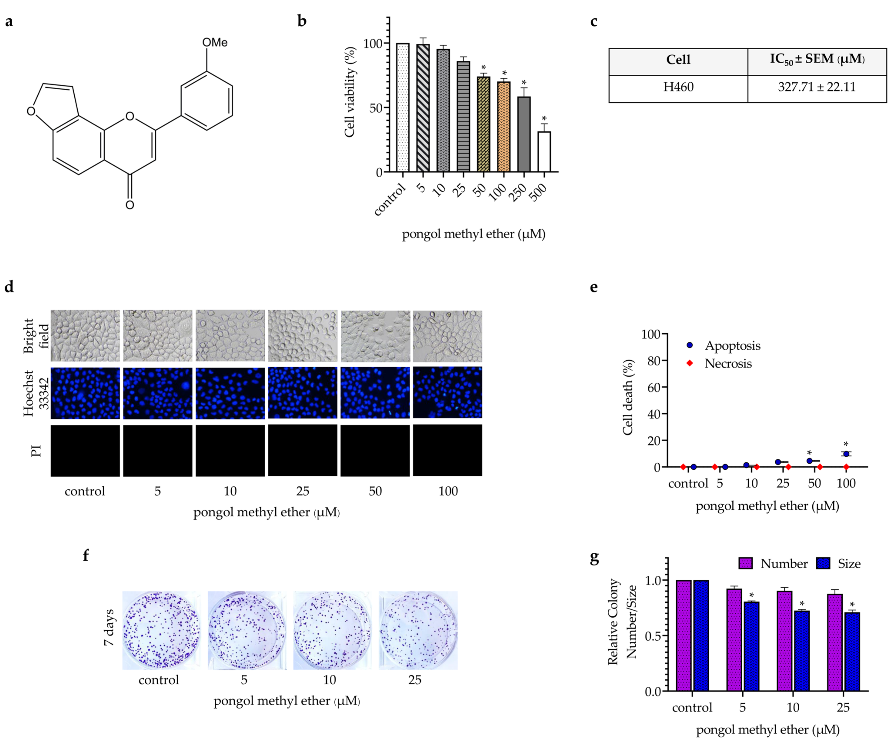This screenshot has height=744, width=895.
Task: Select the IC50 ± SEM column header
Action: coord(816,60)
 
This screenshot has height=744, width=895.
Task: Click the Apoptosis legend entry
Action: coord(732,346)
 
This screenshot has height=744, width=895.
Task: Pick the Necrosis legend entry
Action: coord(728,363)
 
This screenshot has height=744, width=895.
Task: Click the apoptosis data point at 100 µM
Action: coord(846,454)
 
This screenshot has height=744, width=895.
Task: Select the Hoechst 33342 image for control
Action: coord(85,393)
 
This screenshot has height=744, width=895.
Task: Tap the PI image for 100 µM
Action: coord(448,450)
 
